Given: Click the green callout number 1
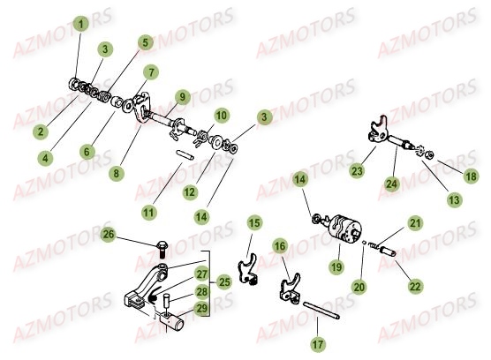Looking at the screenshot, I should click(x=81, y=25).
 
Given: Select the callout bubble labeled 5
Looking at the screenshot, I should click(x=144, y=41).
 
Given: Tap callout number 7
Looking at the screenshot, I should click(x=152, y=71).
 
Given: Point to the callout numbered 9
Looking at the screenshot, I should click(x=181, y=96).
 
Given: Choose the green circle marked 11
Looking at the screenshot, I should click(x=149, y=213).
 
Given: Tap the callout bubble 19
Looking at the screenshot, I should click(x=336, y=265).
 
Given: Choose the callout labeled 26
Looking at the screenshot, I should click(x=108, y=235).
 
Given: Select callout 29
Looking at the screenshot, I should click(x=201, y=307).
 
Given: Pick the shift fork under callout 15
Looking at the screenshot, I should click(x=249, y=266).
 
